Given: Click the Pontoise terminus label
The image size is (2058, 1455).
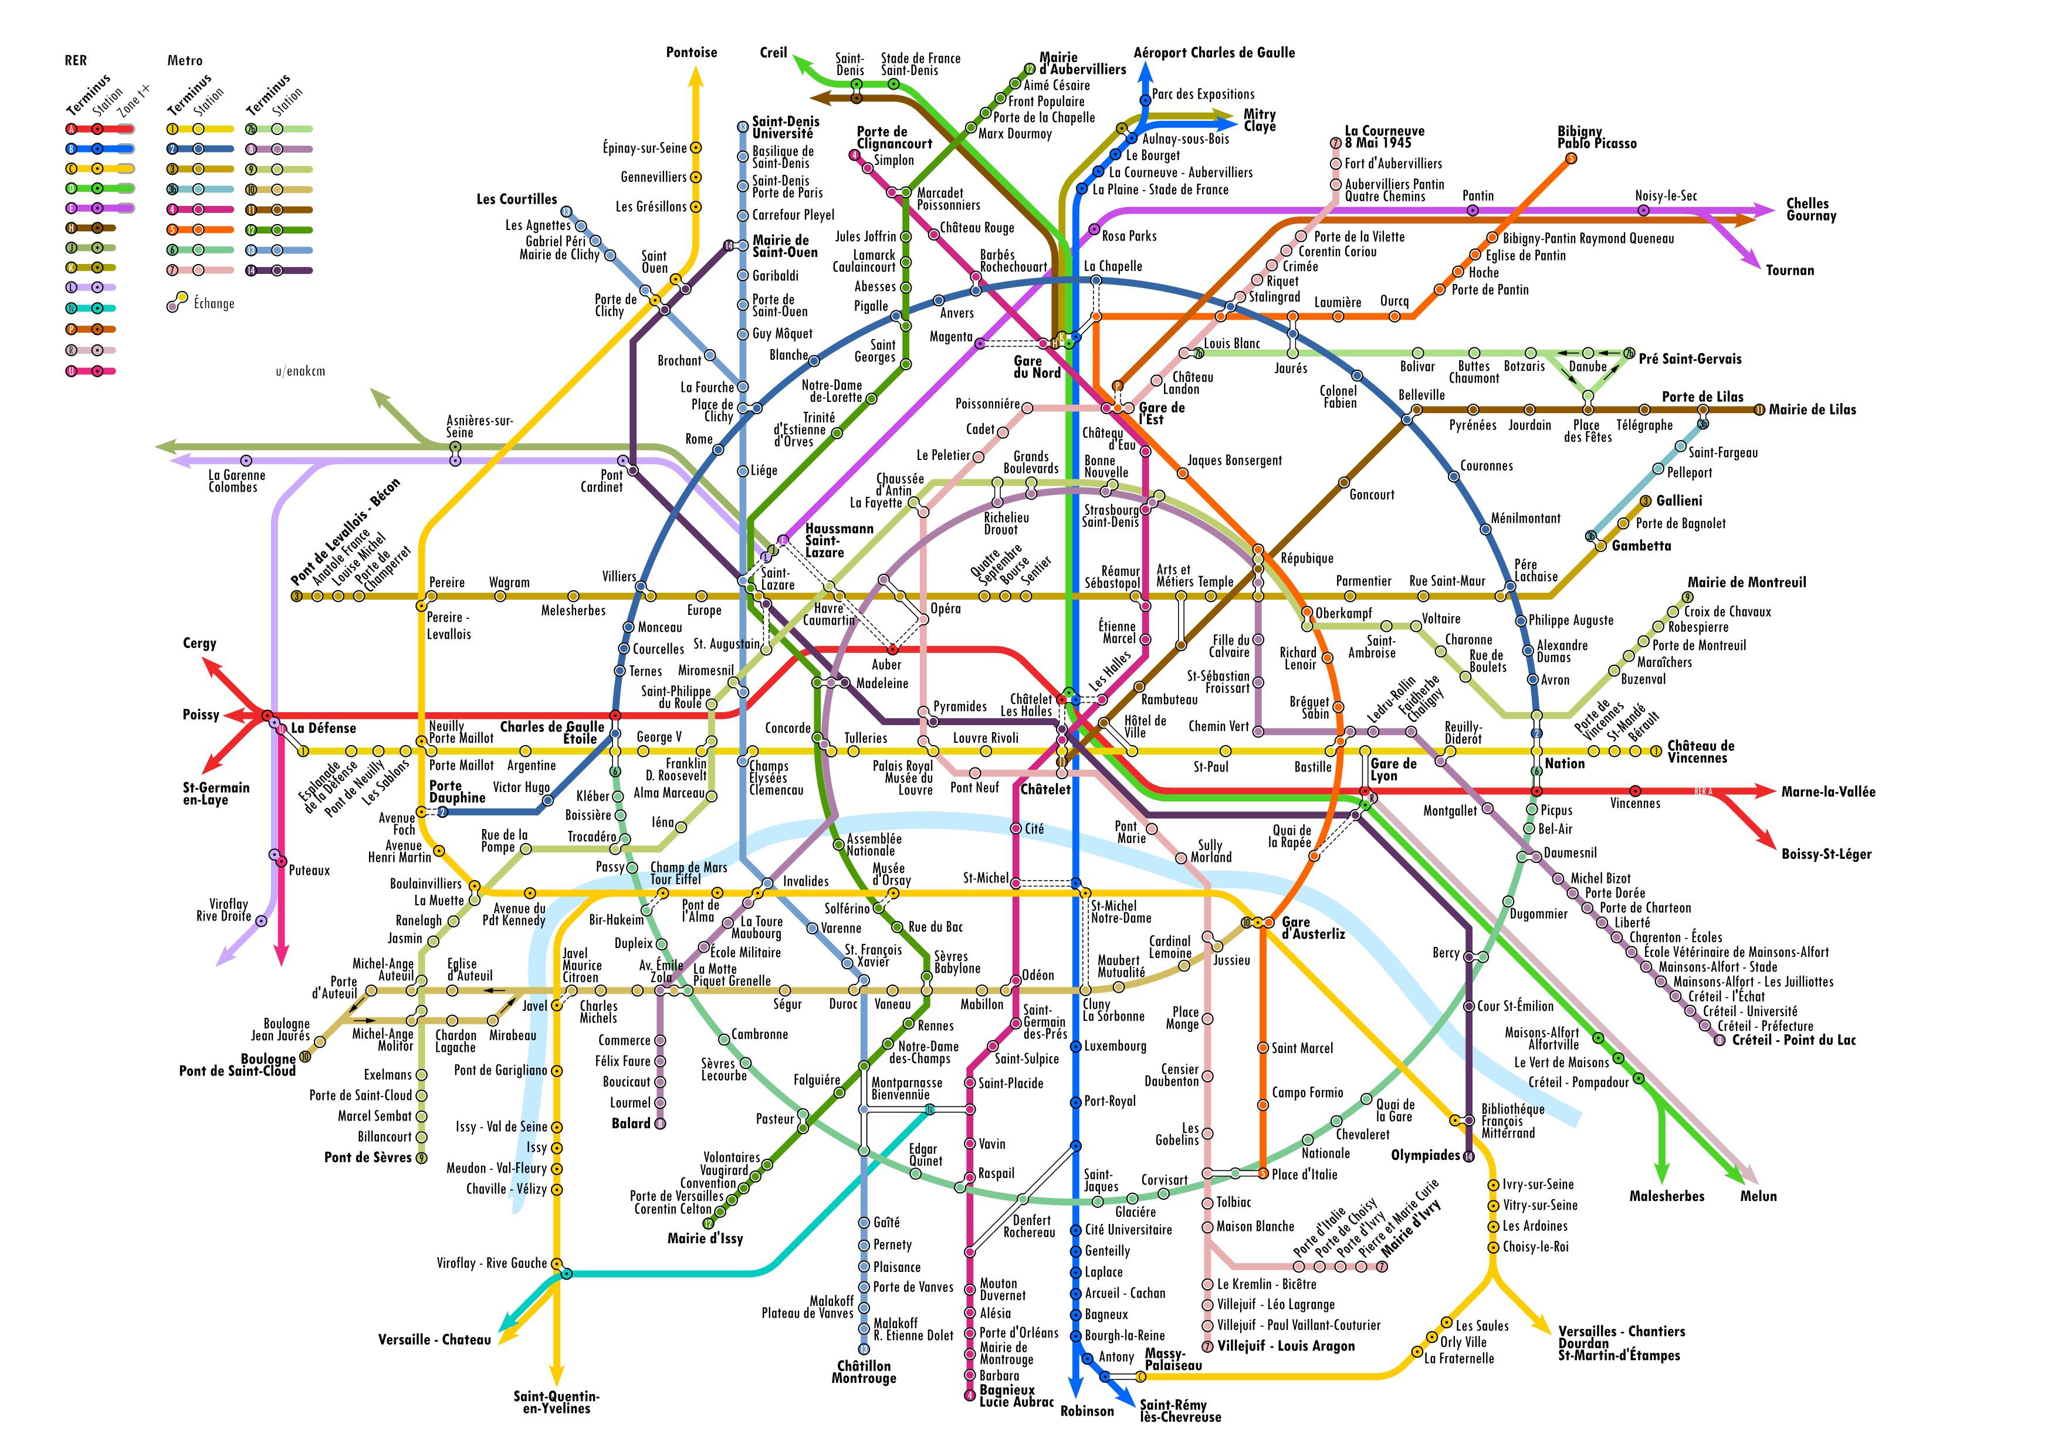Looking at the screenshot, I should coord(691,52).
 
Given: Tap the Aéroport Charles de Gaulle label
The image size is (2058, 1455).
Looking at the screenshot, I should coord(1214,53).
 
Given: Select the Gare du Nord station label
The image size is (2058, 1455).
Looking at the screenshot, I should coord(1037,367).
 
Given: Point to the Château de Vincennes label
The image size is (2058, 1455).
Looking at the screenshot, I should coord(1700,751).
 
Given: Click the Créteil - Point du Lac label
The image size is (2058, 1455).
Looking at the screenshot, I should coord(1793,1040).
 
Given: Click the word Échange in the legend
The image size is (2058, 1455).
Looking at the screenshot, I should coord(214,303).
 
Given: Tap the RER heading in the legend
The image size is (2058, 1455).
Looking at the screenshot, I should coord(76,60).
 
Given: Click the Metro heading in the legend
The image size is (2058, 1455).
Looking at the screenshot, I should coord(185,60).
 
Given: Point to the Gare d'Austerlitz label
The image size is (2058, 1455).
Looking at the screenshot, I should coord(1313,928).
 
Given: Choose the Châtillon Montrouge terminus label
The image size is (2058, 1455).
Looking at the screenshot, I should coord(863,1372).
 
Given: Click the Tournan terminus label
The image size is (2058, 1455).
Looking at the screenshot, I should coord(1789,270).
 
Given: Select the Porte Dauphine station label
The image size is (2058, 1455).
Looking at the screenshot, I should coord(457,791).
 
